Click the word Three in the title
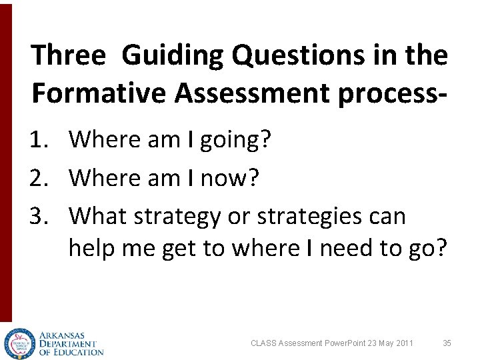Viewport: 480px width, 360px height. click(68, 55)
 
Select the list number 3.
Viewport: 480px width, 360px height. click(38, 216)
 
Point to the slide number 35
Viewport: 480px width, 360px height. click(447, 343)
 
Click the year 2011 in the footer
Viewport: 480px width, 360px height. click(404, 343)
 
